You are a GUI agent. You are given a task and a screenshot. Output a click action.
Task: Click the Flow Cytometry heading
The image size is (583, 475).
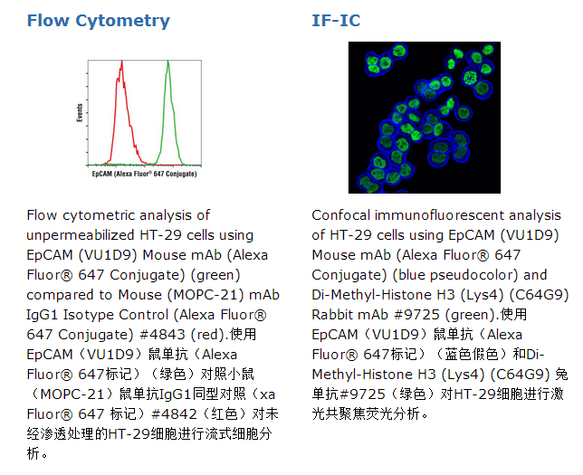(99, 21)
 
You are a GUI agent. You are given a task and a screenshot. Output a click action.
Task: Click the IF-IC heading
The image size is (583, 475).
(336, 21)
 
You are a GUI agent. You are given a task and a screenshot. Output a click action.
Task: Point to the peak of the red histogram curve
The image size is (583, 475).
(121, 62)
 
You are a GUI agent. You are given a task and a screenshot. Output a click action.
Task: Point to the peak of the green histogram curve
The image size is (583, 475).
(168, 62)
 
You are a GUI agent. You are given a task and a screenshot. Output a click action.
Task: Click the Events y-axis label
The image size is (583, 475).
(80, 112)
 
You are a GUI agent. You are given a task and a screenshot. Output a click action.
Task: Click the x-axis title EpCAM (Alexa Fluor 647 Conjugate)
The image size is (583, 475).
(144, 174)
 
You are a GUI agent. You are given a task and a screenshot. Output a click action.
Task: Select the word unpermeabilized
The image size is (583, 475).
(81, 235)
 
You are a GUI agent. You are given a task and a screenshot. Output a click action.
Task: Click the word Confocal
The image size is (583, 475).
(341, 215)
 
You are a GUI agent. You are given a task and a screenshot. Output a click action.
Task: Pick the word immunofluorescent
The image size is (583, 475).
(439, 215)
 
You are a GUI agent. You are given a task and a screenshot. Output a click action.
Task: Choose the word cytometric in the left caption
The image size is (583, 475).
(99, 215)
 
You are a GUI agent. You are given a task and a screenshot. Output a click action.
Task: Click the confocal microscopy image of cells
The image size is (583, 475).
(425, 118)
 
